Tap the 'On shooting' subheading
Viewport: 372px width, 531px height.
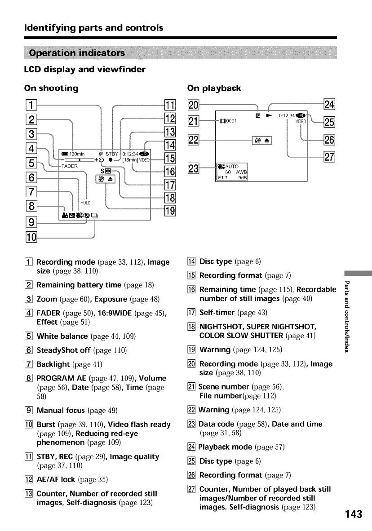51,88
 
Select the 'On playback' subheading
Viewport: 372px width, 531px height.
214,88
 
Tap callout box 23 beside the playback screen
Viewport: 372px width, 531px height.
194,170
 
